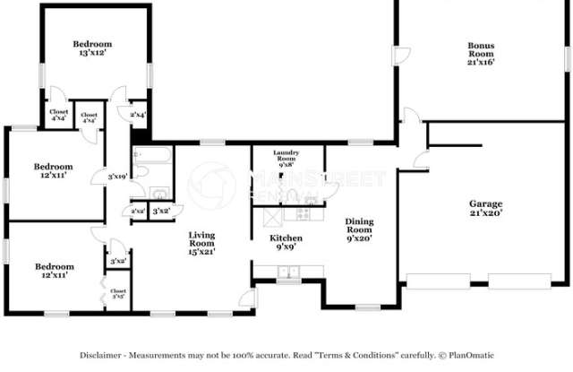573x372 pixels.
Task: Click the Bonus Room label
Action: tap(481, 54)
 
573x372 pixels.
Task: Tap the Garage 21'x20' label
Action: tap(485, 209)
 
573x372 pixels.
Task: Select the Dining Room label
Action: tap(360, 230)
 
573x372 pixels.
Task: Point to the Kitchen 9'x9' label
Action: tap(286, 243)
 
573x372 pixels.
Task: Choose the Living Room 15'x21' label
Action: tap(201, 243)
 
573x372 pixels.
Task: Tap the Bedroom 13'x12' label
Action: tap(92, 49)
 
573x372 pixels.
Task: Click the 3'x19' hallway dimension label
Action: tap(116, 177)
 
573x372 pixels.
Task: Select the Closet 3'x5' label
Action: tap(118, 293)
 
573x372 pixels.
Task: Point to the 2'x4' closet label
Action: tap(138, 115)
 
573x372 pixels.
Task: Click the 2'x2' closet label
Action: tap(139, 212)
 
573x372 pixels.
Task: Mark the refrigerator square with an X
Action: tap(268, 216)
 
